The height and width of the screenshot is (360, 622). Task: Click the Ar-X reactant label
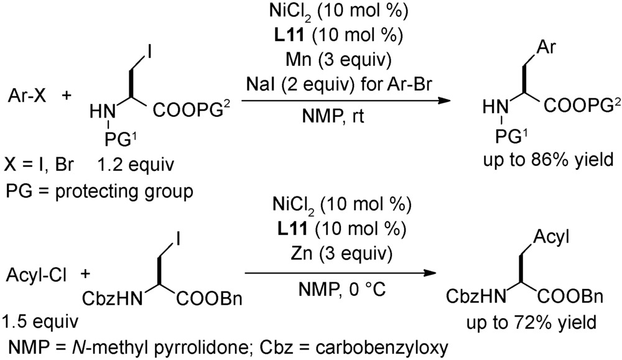(x=27, y=96)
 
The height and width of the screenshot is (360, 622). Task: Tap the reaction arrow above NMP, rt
(x=346, y=101)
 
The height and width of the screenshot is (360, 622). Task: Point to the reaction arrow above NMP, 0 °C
(x=340, y=273)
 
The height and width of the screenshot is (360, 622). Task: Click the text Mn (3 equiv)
(x=338, y=60)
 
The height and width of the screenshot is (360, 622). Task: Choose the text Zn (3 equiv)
(x=341, y=254)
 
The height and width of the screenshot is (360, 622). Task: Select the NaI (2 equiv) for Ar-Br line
(x=339, y=85)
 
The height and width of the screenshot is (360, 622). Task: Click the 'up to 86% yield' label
(x=548, y=160)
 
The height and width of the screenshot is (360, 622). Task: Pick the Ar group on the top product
(x=546, y=47)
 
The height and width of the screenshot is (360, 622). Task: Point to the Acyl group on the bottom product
(x=551, y=238)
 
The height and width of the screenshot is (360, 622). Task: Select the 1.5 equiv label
(x=40, y=321)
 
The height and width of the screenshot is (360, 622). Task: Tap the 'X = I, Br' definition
(x=39, y=164)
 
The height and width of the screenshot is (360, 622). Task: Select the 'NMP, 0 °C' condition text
(x=342, y=290)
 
